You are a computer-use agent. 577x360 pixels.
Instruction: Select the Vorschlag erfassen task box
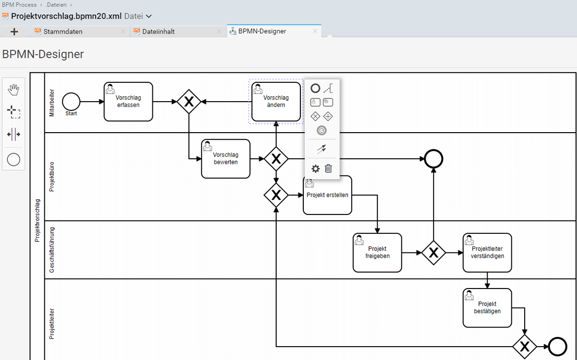[x=128, y=102]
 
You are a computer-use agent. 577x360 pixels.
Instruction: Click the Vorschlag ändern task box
[x=276, y=102]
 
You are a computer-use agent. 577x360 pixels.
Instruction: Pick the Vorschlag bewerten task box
[x=225, y=159]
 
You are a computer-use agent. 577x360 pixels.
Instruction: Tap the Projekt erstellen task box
[x=327, y=195]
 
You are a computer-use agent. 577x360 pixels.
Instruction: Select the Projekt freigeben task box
[x=377, y=252]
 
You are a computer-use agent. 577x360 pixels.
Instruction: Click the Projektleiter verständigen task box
[x=487, y=252]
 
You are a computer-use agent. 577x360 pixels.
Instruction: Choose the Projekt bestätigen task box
[x=487, y=308]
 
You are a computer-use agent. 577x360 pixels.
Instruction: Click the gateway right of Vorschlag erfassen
[x=189, y=102]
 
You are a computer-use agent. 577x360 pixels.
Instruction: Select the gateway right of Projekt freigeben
[x=433, y=252]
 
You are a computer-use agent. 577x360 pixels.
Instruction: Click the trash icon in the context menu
[x=328, y=168]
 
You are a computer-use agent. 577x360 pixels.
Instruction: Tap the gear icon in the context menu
[x=315, y=169]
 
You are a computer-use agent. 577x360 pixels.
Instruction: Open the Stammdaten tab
[x=63, y=32]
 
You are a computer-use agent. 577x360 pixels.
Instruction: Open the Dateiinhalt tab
[x=158, y=32]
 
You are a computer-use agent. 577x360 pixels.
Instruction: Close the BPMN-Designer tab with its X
[x=315, y=31]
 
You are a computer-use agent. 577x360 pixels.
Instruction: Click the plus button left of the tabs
[x=14, y=32]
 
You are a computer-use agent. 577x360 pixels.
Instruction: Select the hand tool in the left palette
[x=14, y=89]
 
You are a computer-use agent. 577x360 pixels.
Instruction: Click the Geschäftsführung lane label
[x=51, y=250]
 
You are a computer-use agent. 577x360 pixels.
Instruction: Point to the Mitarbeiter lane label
[x=51, y=103]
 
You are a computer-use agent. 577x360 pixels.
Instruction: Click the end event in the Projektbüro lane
[x=433, y=159]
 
